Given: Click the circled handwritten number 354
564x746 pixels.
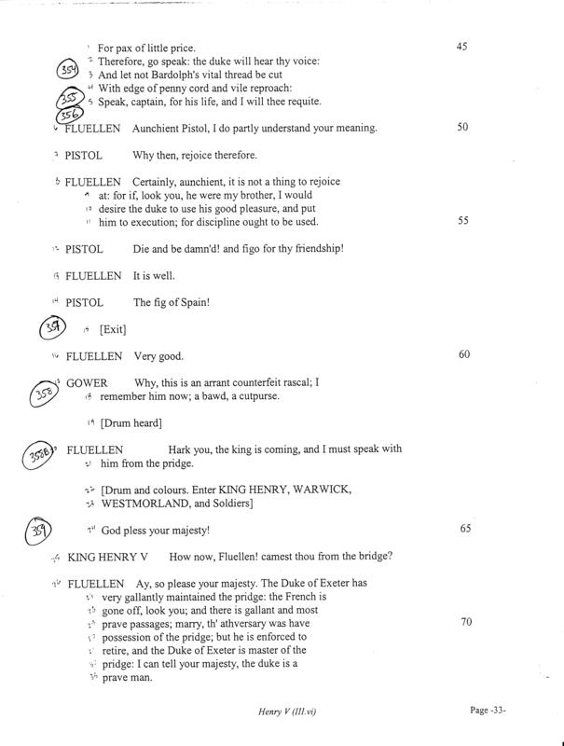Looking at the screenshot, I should click(66, 70).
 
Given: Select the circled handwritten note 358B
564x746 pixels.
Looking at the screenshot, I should click(42, 456).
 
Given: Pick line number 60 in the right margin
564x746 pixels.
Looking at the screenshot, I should click(462, 355).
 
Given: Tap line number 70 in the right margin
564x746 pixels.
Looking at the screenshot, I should click(462, 619).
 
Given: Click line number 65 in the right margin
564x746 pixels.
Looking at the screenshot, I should click(462, 529).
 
